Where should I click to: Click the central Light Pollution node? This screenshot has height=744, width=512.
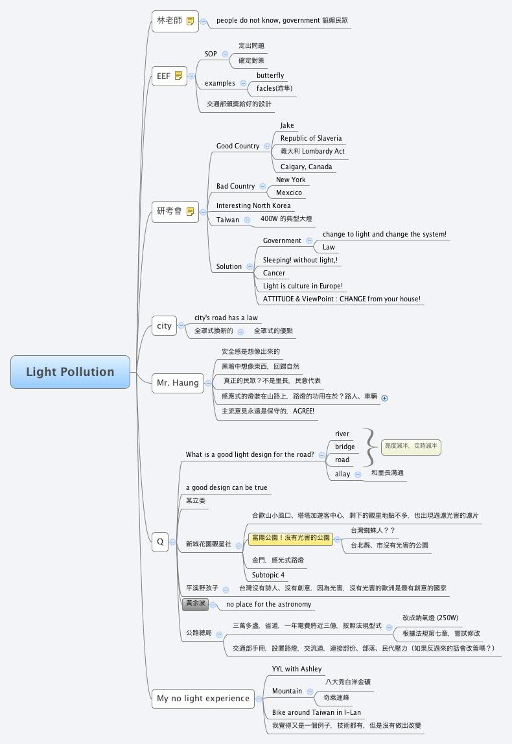point(70,372)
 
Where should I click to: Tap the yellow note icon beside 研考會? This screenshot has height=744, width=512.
point(190,211)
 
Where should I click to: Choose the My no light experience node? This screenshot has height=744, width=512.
point(203,698)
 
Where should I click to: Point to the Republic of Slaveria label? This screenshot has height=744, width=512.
point(310,138)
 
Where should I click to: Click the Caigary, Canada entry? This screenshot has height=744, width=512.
point(306,167)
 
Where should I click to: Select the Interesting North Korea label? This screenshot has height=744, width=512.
point(253,205)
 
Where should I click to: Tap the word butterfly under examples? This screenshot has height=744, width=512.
point(270,76)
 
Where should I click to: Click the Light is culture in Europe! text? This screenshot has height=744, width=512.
point(303,286)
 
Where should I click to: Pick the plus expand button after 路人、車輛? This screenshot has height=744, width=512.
point(384,398)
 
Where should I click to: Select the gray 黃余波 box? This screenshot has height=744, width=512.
point(195,603)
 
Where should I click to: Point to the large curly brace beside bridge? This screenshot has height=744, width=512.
point(371,447)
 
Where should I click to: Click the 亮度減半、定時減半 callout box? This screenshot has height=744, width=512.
point(411,446)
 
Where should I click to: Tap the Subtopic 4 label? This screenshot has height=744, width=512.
point(268,575)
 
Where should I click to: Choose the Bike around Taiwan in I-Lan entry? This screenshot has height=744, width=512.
point(316,712)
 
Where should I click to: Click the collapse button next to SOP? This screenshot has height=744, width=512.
point(225,54)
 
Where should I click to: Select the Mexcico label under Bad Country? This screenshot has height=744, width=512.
point(288,192)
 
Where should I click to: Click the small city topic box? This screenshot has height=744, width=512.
point(164,325)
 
